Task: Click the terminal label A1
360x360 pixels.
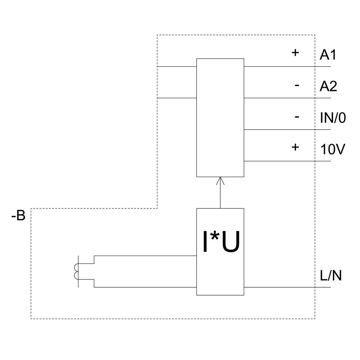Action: (x=328, y=55)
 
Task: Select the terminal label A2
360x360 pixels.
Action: (x=328, y=86)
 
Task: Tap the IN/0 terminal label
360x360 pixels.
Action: (x=333, y=118)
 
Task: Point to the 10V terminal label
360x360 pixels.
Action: (x=333, y=149)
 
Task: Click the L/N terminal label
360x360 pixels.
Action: (x=331, y=276)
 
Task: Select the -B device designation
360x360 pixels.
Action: (x=18, y=216)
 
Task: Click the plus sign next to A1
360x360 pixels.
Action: (x=295, y=53)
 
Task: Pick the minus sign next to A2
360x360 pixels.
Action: (x=297, y=85)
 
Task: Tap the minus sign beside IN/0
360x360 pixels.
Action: (x=297, y=117)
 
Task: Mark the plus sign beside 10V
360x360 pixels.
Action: (x=295, y=147)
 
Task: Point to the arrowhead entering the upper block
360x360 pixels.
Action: (x=220, y=180)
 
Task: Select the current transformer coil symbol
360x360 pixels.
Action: (x=76, y=272)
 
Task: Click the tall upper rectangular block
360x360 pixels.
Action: (x=220, y=117)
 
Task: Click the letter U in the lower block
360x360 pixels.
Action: (x=230, y=243)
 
